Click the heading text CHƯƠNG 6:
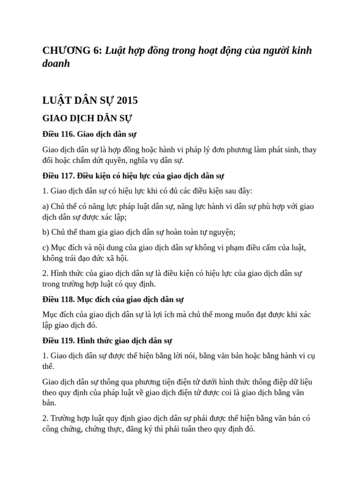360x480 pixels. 72,51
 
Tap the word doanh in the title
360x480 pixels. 56,64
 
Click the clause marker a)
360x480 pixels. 46,206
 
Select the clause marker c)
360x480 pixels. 46,247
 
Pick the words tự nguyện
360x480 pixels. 219,232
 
